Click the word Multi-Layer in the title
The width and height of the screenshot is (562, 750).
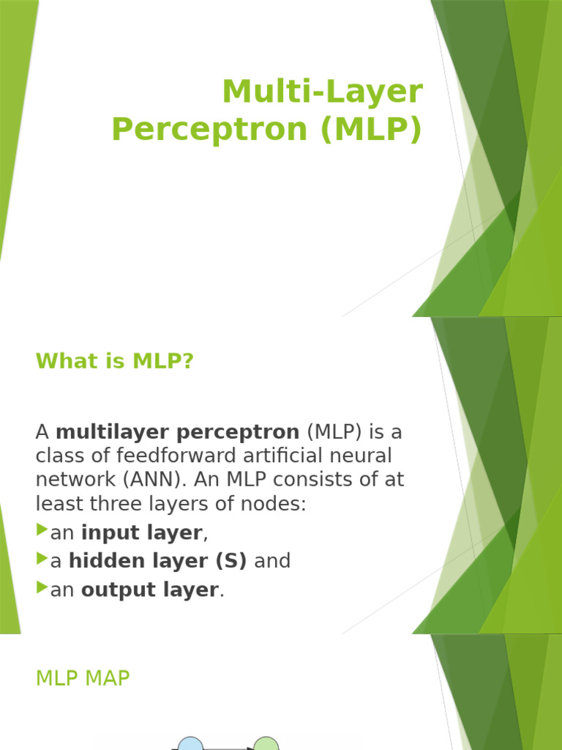pyautogui.click(x=323, y=92)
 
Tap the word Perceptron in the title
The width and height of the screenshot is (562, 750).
pyautogui.click(x=200, y=129)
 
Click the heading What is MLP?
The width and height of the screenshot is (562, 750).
pyautogui.click(x=114, y=361)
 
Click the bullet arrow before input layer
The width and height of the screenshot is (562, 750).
pyautogui.click(x=42, y=530)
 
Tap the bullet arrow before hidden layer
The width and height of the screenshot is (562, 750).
pyautogui.click(x=42, y=559)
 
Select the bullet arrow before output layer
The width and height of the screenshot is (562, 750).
pyautogui.click(x=42, y=587)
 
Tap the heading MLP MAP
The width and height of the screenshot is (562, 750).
pyautogui.click(x=83, y=679)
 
